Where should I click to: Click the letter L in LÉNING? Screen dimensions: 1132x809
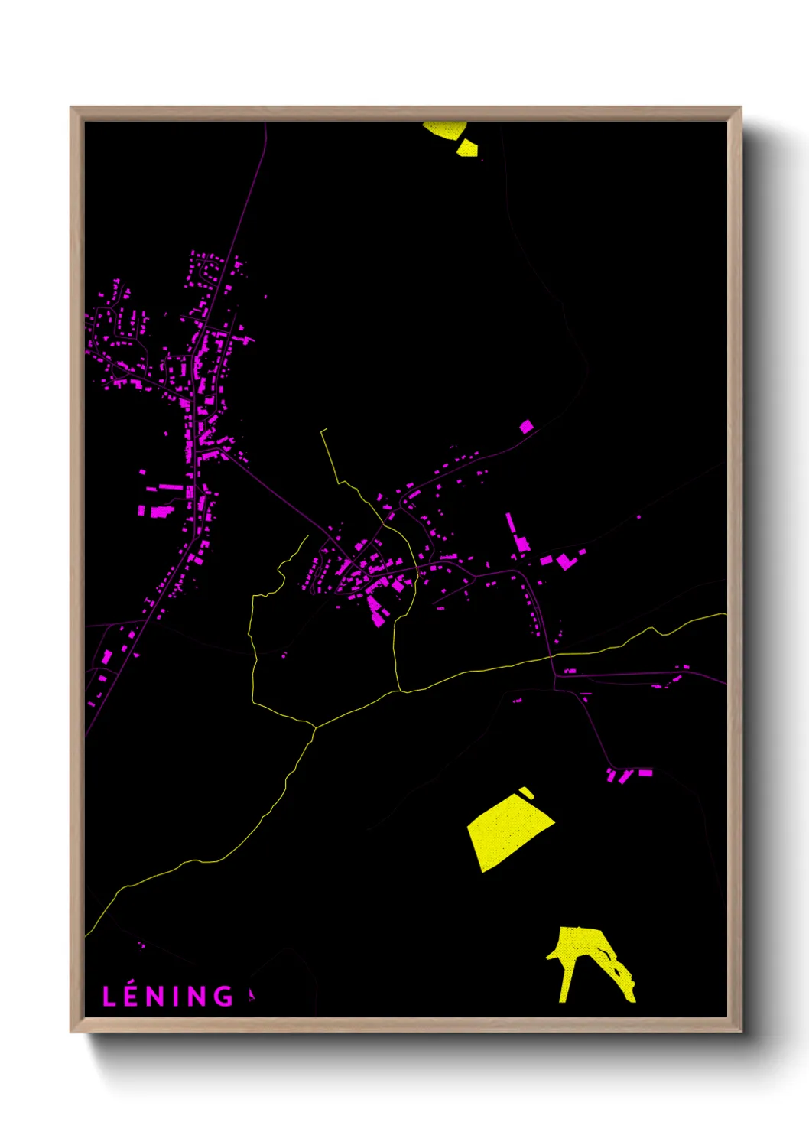(109, 996)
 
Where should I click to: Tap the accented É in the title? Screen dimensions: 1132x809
(131, 995)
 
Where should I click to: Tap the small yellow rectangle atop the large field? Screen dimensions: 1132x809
(526, 792)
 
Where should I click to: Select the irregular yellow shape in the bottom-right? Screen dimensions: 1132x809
(586, 956)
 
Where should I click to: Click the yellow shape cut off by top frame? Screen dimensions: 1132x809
(445, 128)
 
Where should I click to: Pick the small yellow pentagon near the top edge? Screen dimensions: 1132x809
(466, 148)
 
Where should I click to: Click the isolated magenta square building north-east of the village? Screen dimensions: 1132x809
(526, 426)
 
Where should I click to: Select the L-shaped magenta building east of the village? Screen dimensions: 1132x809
(565, 561)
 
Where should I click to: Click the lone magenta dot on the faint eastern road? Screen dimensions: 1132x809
(639, 517)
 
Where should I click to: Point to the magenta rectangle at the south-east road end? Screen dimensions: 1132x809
(645, 773)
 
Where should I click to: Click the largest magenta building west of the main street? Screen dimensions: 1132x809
(161, 512)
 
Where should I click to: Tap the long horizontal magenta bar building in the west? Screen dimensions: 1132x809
(171, 487)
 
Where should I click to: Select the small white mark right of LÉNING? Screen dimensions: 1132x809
(251, 994)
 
